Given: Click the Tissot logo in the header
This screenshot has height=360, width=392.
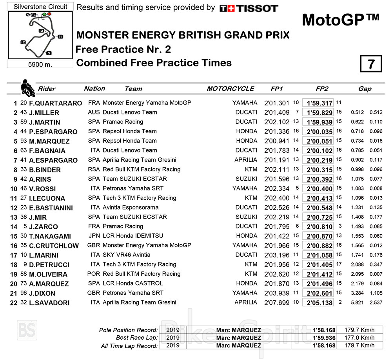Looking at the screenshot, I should click(x=249, y=8).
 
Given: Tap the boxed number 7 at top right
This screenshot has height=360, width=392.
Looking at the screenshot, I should click(x=371, y=64).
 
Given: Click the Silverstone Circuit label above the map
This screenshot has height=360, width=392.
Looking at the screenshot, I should click(x=40, y=7).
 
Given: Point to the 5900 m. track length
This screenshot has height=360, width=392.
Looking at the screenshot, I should click(x=40, y=64).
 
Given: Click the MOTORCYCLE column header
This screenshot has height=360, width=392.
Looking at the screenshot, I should click(x=230, y=89).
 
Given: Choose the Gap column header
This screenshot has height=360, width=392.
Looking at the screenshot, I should click(x=365, y=89).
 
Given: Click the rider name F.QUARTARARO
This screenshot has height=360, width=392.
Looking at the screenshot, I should click(x=56, y=103).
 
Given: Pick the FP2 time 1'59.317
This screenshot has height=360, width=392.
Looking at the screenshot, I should click(x=319, y=103).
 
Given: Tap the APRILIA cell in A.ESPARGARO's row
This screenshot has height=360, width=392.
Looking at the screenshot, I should click(x=246, y=160).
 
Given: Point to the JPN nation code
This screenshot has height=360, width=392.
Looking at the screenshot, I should click(x=94, y=236).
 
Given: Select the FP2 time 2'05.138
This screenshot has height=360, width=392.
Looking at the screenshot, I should click(x=319, y=303).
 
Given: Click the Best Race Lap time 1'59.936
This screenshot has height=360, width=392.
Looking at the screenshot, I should click(x=324, y=338).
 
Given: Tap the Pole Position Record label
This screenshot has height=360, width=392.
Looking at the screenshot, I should click(x=129, y=330).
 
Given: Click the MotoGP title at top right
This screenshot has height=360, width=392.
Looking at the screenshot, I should click(x=341, y=20).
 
